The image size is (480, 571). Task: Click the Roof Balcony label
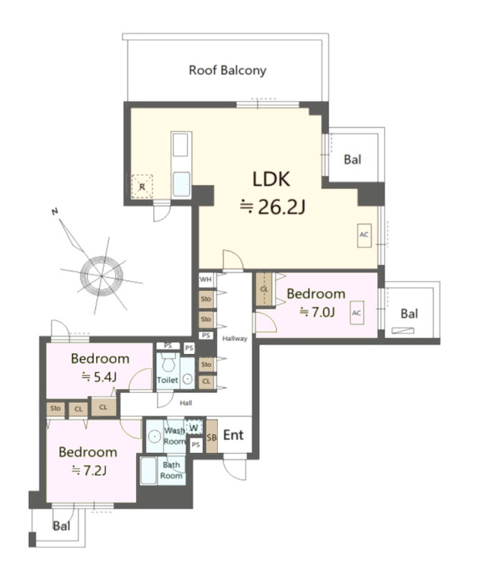[x=228, y=71]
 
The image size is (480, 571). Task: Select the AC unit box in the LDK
[x=363, y=235]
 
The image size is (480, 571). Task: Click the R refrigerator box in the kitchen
[x=142, y=186]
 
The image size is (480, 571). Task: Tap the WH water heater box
[x=206, y=280]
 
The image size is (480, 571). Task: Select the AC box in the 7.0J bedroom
[x=357, y=313]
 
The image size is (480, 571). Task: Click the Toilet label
[x=167, y=380]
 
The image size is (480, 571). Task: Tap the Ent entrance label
[x=233, y=436]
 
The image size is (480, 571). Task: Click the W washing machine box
[x=194, y=429]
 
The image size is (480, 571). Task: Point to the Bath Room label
[x=171, y=470]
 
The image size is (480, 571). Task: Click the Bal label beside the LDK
[x=352, y=160]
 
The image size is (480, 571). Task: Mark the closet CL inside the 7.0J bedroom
[x=264, y=289]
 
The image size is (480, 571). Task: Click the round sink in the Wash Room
[x=154, y=437]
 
